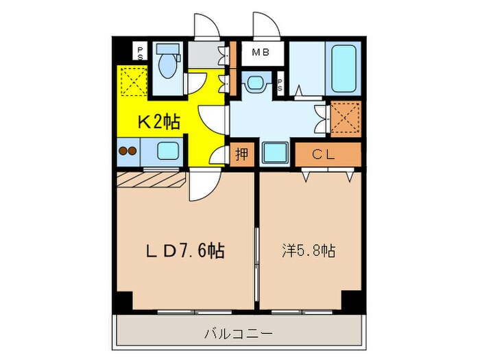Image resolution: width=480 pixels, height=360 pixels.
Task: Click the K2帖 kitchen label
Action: tap(159, 122)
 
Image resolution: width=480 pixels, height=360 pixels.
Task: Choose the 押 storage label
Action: tap(242, 154)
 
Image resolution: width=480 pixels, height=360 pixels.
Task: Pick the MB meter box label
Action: tap(260, 53)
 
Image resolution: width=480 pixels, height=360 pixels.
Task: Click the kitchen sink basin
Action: tap(167, 150)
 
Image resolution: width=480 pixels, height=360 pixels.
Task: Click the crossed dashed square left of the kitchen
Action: tap(131, 81)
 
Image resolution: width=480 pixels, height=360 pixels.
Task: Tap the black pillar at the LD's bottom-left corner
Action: tap(123, 300)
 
